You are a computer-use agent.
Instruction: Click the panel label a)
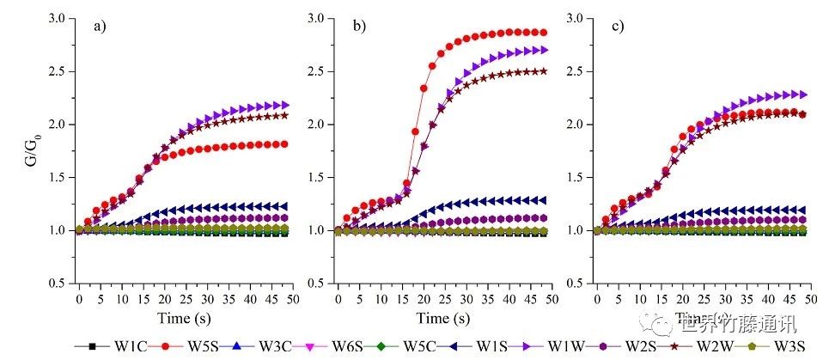[x=101, y=26]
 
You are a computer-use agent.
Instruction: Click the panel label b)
[x=358, y=26]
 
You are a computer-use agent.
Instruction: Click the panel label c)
[x=618, y=26]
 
